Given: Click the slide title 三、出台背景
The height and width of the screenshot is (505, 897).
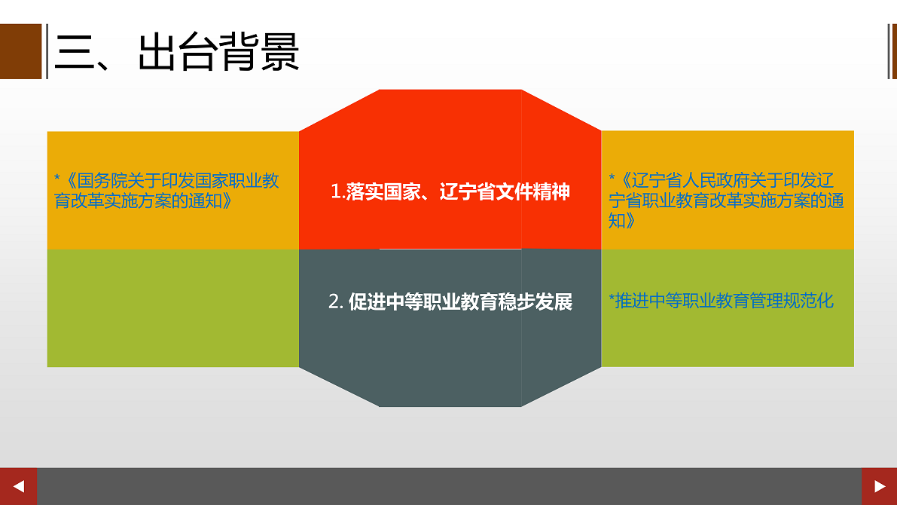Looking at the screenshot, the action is coord(177,52).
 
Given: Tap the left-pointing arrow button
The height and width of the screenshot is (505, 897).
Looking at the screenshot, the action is coord(18,486).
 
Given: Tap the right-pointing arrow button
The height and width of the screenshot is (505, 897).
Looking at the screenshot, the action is coord(879,486).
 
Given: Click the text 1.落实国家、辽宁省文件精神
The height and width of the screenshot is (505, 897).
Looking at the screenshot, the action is coord(450,191).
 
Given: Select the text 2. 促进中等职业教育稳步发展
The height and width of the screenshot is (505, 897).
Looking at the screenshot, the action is coord(450,301).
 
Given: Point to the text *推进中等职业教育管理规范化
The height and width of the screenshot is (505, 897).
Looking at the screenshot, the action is coord(721,301).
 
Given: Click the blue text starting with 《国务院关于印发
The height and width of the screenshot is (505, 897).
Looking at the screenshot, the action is coord(166,191).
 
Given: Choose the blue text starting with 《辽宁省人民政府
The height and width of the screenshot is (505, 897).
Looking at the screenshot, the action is coord(726,200).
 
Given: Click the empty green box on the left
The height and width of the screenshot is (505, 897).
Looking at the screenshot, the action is coord(172,308).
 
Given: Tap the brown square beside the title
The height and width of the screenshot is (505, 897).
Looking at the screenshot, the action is coord(20,51).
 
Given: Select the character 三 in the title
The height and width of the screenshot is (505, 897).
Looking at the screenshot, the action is coord(75,52).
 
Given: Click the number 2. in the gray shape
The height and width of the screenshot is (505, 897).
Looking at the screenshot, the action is coord(336,301).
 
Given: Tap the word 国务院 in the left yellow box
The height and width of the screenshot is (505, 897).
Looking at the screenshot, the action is coord(102,181).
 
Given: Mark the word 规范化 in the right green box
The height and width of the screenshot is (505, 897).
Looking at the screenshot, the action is coord(809,301).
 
